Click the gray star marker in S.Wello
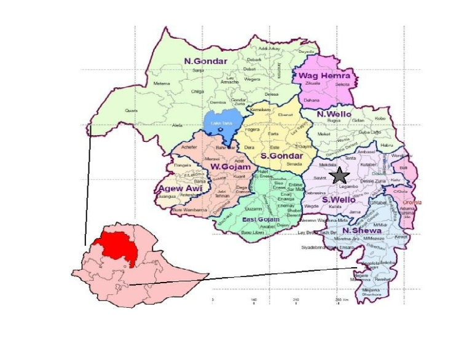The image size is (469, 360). pos(339,176)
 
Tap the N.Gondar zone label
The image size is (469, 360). pos(205,60)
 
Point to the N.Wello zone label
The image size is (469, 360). pos(334,114)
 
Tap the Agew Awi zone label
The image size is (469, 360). pos(181,188)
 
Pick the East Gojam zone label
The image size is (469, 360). pos(261,219)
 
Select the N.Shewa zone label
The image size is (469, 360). pos(363,230)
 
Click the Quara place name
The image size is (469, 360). pos(131,111)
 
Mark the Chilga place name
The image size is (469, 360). pos(198,91)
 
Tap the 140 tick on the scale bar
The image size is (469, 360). pos(254,300)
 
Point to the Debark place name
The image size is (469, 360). pos(253,60)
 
